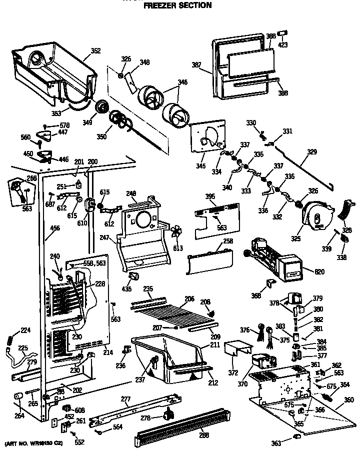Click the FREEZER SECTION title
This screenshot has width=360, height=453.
177,6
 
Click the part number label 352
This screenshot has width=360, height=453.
95,50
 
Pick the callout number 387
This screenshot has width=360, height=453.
196,64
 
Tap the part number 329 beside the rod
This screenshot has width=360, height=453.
311,151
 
